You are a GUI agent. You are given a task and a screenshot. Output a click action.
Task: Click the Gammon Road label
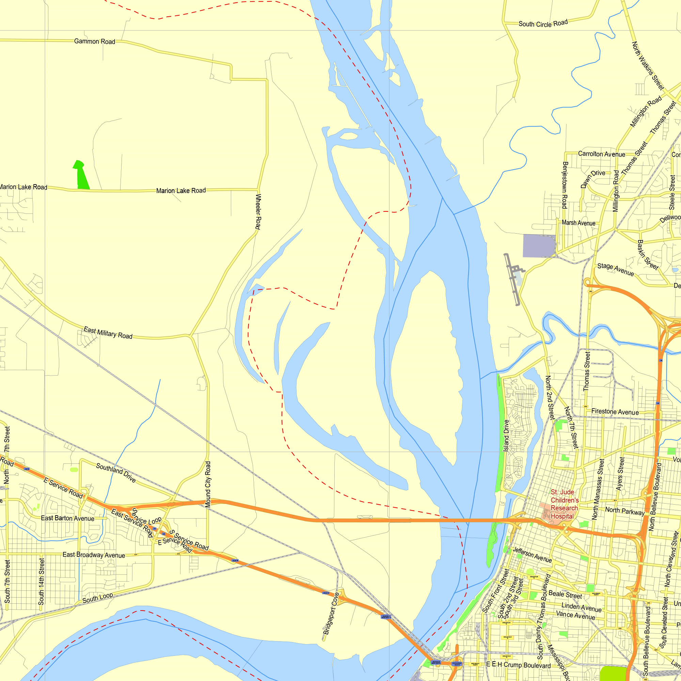point(94,41)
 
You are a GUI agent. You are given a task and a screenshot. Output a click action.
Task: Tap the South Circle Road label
point(543,23)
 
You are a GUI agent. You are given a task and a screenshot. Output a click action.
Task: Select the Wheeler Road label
point(258,211)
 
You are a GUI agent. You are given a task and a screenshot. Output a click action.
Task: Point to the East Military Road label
point(108,333)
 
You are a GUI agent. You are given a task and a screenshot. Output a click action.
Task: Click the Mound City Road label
point(208,484)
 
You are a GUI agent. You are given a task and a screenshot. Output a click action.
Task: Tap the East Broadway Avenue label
point(94,555)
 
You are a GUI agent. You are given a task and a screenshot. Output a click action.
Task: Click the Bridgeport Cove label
point(331,614)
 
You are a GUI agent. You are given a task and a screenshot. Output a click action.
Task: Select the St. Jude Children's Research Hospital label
point(564,504)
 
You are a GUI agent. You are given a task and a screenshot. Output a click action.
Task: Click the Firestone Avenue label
point(615,412)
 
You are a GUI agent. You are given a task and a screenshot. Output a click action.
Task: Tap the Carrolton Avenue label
point(601,154)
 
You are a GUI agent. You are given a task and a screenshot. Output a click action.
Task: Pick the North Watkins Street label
point(648,66)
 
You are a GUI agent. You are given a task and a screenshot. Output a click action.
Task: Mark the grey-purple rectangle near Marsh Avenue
point(539,246)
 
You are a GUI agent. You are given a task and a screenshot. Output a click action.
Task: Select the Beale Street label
point(565,594)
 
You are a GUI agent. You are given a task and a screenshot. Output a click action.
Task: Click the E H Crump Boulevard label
point(518,665)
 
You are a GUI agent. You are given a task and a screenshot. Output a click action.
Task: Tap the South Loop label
point(98,598)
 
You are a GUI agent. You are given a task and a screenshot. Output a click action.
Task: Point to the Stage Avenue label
point(615,269)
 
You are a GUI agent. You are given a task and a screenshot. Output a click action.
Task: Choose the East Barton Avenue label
point(68,518)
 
